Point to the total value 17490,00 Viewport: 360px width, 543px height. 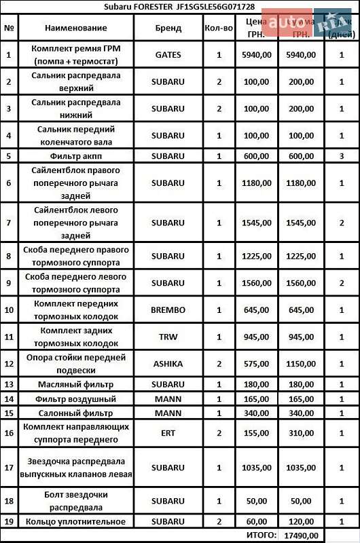(300, 536)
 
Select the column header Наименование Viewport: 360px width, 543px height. (75, 28)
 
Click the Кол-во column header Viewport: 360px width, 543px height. (219, 28)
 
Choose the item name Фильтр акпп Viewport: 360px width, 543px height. (75, 155)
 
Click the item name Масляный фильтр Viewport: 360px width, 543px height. (75, 385)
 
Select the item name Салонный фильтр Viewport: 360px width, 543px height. (75, 412)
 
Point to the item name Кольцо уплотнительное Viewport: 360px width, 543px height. (75, 521)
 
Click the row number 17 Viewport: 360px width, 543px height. (9, 467)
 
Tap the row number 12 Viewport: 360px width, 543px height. (9, 364)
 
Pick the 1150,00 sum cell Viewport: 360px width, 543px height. (300, 364)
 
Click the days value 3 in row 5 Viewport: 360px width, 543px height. (342, 155)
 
